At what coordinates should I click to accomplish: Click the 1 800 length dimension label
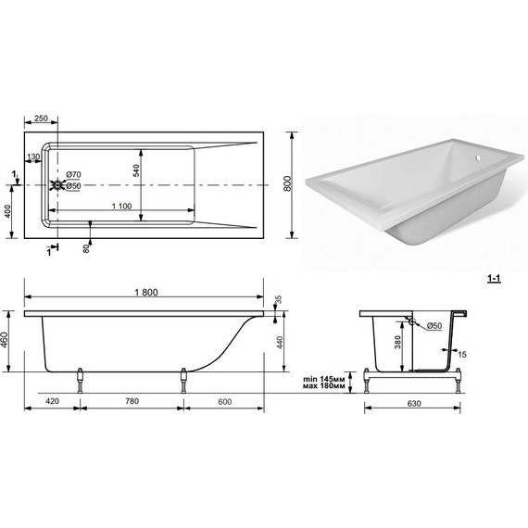(x=146, y=293)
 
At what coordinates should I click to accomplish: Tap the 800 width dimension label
(x=287, y=183)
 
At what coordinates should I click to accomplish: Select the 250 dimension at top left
(x=41, y=119)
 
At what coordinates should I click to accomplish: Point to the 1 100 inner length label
(x=121, y=206)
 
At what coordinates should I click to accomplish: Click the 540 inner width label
(x=135, y=170)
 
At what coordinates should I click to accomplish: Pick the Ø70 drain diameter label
(x=73, y=174)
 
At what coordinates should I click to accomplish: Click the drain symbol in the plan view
(x=58, y=185)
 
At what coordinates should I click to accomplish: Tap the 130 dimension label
(x=33, y=157)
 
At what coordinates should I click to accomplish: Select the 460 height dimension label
(x=4, y=341)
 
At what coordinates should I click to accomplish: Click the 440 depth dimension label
(x=280, y=343)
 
